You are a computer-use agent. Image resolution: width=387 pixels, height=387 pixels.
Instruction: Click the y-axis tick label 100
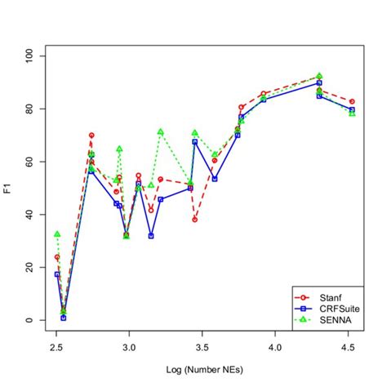29,56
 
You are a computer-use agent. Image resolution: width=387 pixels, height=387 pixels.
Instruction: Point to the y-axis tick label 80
29,109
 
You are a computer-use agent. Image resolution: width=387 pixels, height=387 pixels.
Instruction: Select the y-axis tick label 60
29,162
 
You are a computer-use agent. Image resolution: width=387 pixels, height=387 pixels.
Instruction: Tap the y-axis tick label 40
29,215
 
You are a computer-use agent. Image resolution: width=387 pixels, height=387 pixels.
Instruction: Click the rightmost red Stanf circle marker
352,101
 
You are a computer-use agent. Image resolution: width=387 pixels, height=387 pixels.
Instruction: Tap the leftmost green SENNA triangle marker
57,234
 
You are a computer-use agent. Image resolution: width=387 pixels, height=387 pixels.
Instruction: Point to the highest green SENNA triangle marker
319,75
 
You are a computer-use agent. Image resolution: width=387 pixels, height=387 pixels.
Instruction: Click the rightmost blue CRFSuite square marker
352,109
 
